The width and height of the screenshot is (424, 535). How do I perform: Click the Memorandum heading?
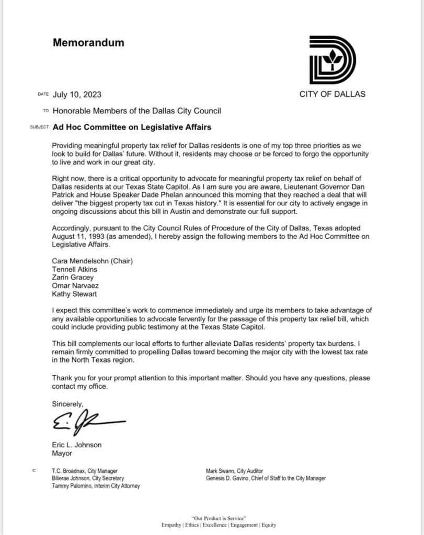point(88,43)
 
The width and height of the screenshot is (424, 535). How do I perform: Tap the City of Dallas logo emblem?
point(333,60)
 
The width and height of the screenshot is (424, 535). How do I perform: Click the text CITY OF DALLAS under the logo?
point(332,94)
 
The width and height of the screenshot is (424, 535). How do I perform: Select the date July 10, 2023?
point(77,95)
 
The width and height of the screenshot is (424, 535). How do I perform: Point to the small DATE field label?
point(43,95)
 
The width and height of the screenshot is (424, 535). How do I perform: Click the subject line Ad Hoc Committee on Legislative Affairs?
point(132,127)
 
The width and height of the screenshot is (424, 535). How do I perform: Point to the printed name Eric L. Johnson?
point(77,445)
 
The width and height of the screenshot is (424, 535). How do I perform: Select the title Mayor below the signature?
point(62,453)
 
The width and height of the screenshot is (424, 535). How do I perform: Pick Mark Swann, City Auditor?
point(234,471)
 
